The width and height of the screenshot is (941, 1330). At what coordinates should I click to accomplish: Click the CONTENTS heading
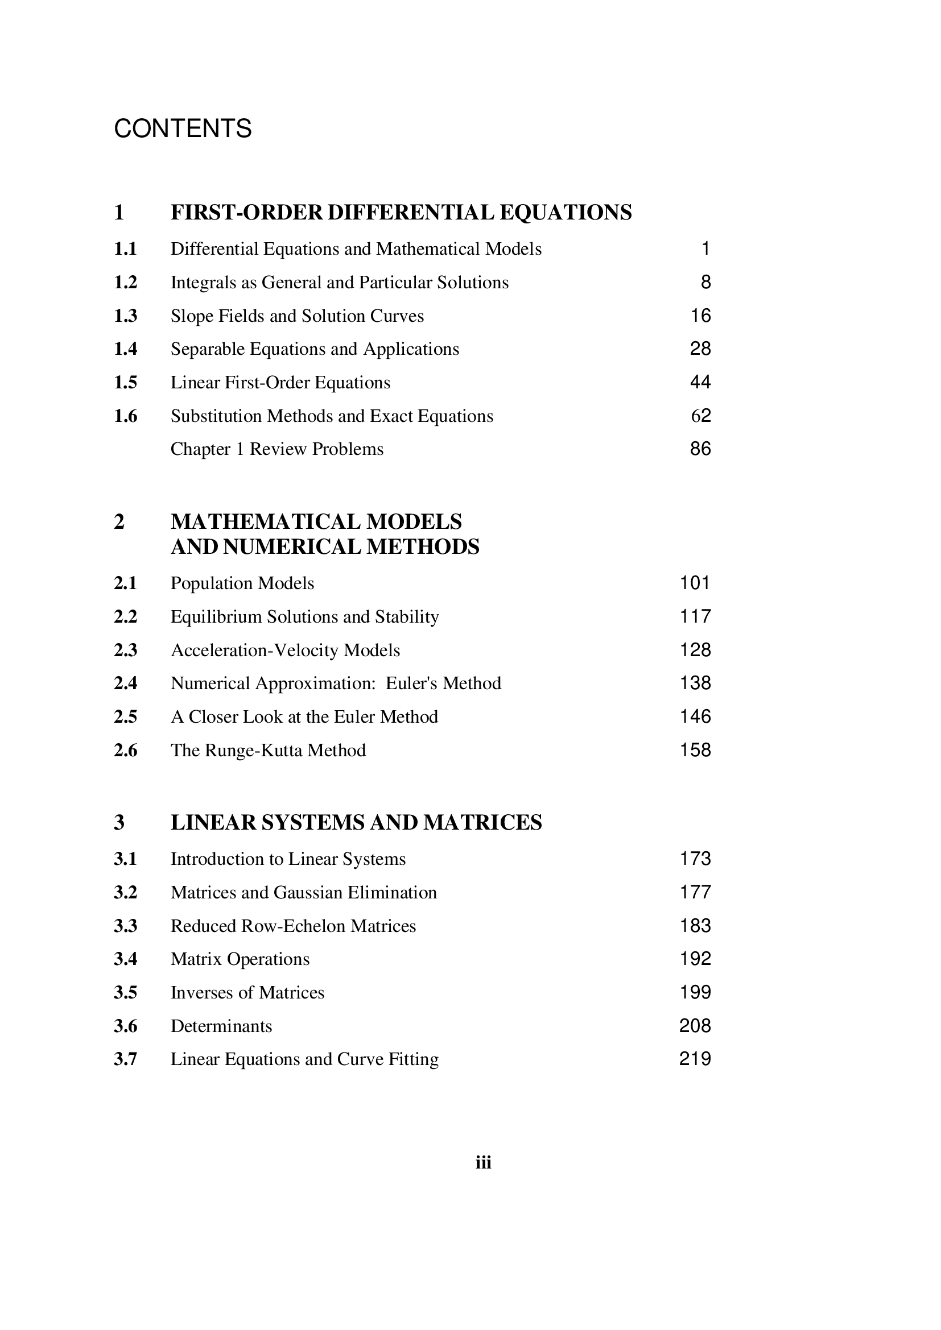point(183,129)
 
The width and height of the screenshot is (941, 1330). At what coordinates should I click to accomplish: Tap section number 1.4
point(125,349)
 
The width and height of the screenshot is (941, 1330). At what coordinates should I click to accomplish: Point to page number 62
point(700,415)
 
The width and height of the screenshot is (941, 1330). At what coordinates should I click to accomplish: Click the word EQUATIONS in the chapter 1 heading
point(565,213)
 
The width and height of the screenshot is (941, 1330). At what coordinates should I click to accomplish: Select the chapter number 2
point(119,522)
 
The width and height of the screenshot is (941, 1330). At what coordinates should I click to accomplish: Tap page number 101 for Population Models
point(695,583)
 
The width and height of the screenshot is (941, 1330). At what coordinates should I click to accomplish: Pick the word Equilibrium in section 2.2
point(216,617)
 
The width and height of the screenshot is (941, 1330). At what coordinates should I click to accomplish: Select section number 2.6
point(125,751)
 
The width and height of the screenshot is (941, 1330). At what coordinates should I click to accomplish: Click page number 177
point(695,892)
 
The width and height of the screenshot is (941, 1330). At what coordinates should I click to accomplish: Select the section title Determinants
point(221,1026)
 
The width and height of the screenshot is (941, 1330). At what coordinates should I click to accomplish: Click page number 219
point(695,1059)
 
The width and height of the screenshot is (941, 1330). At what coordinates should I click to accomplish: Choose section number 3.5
point(125,993)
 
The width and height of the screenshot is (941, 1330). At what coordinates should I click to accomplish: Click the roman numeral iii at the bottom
point(483,1163)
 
